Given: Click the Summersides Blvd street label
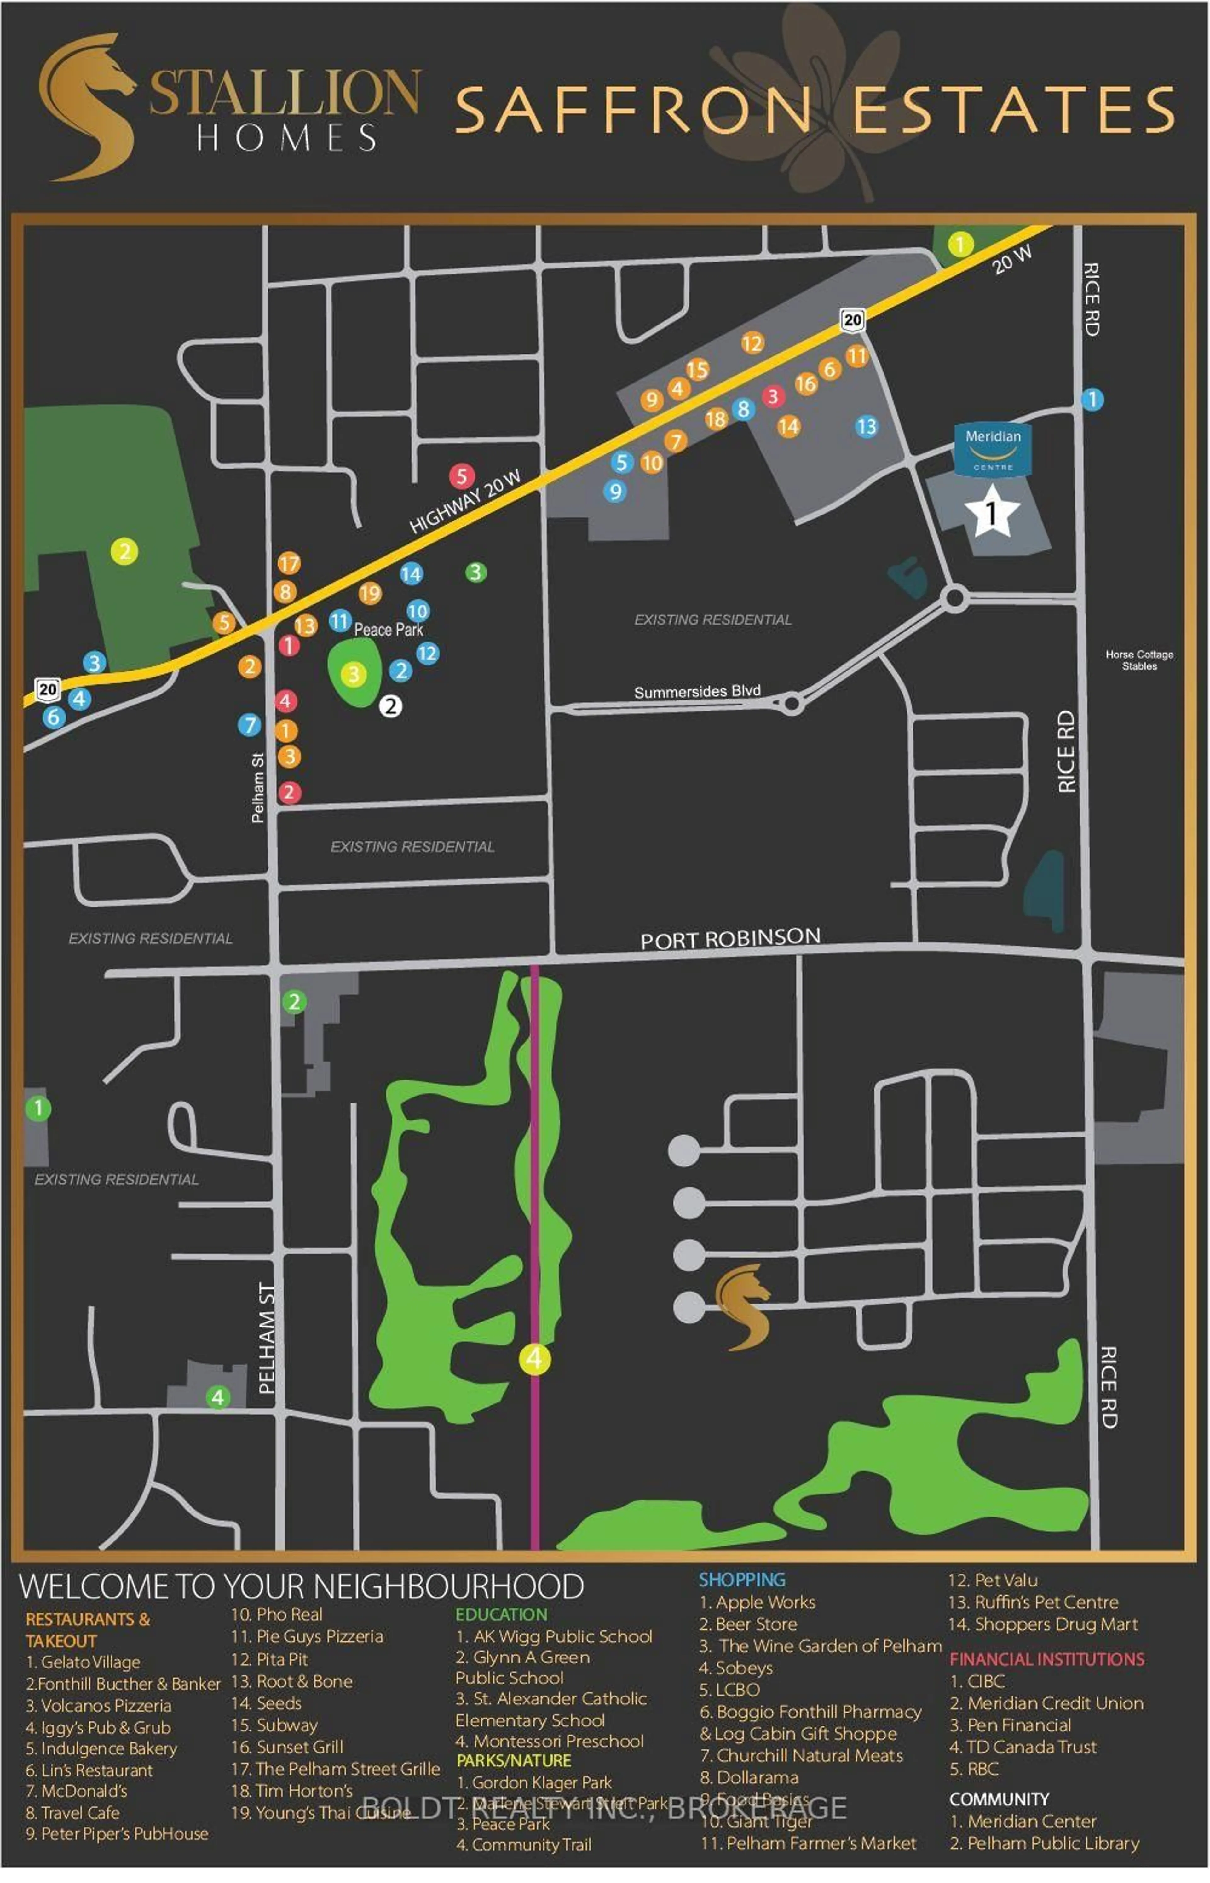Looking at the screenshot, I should (x=697, y=691).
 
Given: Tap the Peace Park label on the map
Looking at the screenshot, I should (x=388, y=629).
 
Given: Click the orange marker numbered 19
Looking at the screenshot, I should (x=370, y=593).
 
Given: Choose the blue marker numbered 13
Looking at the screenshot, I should (x=866, y=427).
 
